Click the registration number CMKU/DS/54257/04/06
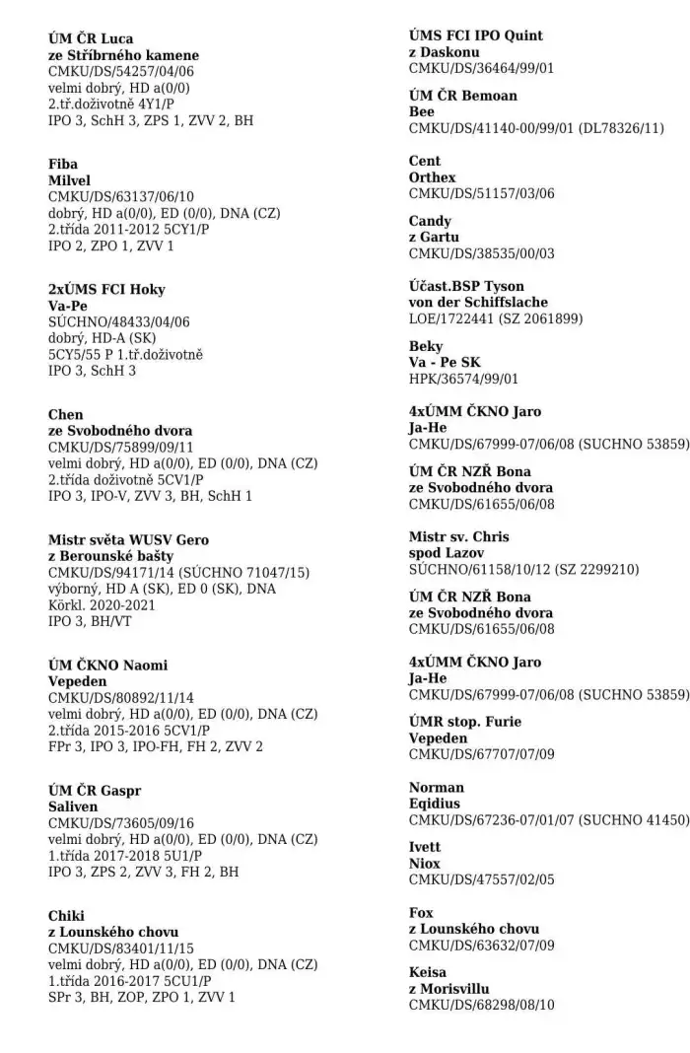click(121, 72)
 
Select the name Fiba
click(63, 164)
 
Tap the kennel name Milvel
click(69, 180)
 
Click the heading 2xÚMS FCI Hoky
click(106, 290)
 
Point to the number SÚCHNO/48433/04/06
click(119, 322)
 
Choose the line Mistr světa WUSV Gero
click(128, 540)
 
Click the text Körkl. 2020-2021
click(102, 605)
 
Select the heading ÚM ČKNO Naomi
click(107, 666)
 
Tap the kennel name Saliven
click(73, 807)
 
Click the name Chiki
click(66, 916)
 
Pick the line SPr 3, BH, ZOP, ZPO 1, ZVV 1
click(142, 998)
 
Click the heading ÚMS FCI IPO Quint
click(476, 35)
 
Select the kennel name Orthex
click(433, 177)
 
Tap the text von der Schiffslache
click(478, 302)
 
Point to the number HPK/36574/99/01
click(463, 379)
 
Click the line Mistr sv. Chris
click(459, 536)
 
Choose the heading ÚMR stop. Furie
click(465, 722)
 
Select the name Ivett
click(425, 847)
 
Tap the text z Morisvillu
click(448, 989)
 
